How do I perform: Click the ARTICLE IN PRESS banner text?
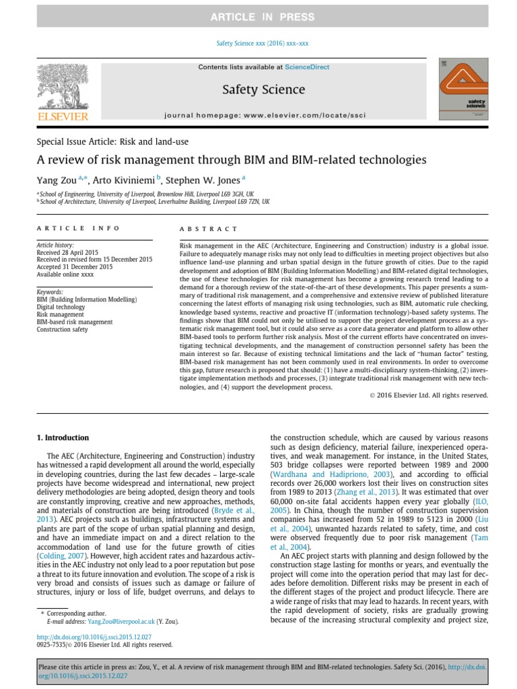pyautogui.click(x=258, y=17)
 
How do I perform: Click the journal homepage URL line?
pyautogui.click(x=265, y=116)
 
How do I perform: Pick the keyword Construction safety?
pyautogui.click(x=62, y=330)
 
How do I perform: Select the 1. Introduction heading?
pyautogui.click(x=62, y=438)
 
